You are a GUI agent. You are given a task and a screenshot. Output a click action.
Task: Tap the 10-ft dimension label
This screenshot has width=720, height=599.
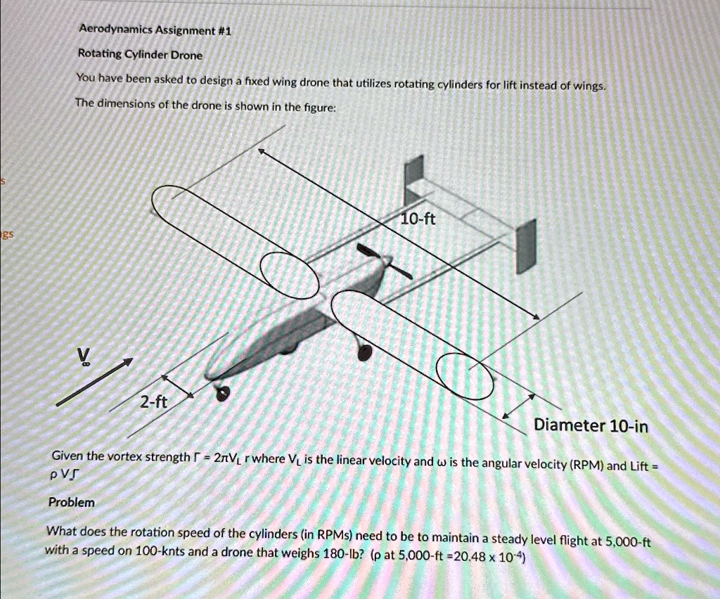[x=418, y=219]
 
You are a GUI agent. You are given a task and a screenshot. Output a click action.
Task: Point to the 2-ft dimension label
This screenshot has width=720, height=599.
[x=153, y=403]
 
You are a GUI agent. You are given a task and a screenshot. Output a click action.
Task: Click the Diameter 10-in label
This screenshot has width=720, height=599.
[x=591, y=425]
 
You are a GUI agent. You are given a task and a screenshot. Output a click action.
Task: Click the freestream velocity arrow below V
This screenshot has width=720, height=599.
[x=94, y=382]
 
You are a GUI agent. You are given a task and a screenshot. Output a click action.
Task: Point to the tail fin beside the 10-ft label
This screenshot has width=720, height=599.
[x=415, y=177]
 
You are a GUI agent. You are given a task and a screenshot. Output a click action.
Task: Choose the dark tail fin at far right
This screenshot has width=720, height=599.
[x=526, y=241]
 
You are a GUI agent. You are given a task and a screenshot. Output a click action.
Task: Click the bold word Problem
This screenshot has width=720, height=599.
[x=71, y=503]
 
